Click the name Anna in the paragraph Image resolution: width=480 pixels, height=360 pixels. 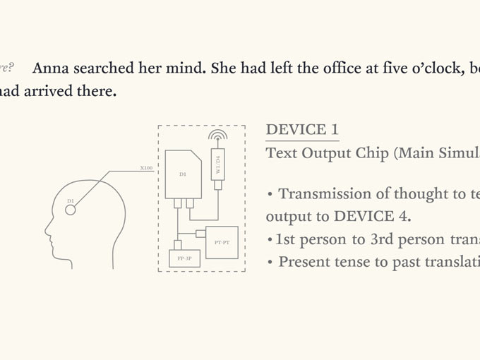52,68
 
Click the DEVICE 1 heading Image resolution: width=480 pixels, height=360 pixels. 302,130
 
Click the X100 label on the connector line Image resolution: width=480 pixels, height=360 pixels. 146,169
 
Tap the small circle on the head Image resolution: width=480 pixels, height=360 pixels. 71,210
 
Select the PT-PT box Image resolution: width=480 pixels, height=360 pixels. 222,242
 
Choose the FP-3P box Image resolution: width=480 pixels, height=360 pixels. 185,259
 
